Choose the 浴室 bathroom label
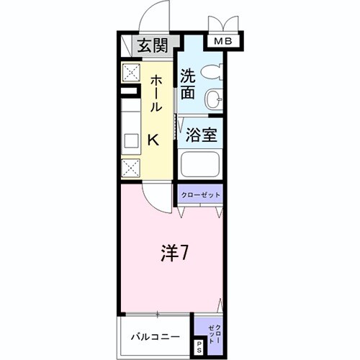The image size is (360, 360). (199, 135)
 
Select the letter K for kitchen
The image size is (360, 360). (153, 140)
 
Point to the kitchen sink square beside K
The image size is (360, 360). (132, 139)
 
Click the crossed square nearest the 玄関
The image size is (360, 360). (130, 72)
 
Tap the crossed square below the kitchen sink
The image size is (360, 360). (131, 168)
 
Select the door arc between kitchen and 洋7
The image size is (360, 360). (155, 194)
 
